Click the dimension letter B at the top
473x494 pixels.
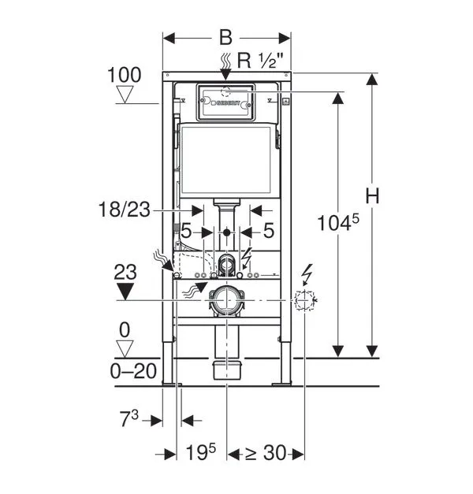(226, 37)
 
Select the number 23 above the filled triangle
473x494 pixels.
(125, 273)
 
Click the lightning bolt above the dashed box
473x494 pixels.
(308, 273)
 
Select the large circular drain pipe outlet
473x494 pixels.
(227, 300)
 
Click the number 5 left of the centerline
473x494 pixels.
(186, 232)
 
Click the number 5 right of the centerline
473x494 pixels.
(268, 232)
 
